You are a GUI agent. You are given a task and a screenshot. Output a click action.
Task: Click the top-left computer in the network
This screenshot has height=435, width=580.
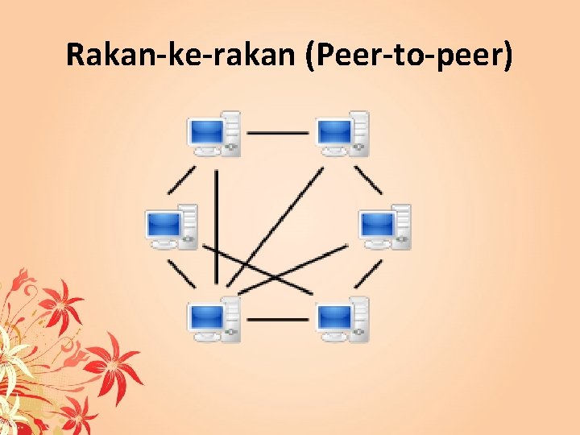(x=214, y=133)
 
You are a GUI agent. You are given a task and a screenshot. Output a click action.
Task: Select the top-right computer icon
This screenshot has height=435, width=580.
(x=342, y=133)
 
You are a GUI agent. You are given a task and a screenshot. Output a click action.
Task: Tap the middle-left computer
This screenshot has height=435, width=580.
(x=171, y=226)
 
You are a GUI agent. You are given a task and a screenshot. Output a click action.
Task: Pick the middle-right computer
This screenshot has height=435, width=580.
(x=384, y=226)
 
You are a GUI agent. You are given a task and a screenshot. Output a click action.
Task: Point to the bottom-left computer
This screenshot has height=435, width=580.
(x=214, y=320)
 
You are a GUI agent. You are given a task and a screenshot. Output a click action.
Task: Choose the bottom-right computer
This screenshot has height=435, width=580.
(x=342, y=320)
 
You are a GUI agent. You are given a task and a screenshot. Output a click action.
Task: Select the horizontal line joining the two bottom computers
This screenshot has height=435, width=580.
(x=278, y=319)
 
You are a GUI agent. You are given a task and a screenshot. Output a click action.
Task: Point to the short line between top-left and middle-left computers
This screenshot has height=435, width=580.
(x=181, y=180)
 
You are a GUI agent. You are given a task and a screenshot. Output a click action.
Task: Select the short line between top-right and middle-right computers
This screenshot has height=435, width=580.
(x=369, y=180)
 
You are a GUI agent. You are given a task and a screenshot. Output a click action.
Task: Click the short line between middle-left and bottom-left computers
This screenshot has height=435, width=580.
(x=181, y=274)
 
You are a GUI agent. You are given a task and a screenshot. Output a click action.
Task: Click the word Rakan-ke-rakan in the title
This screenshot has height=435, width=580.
(x=181, y=57)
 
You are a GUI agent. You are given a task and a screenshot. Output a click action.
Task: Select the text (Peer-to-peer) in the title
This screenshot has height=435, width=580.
(x=409, y=57)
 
